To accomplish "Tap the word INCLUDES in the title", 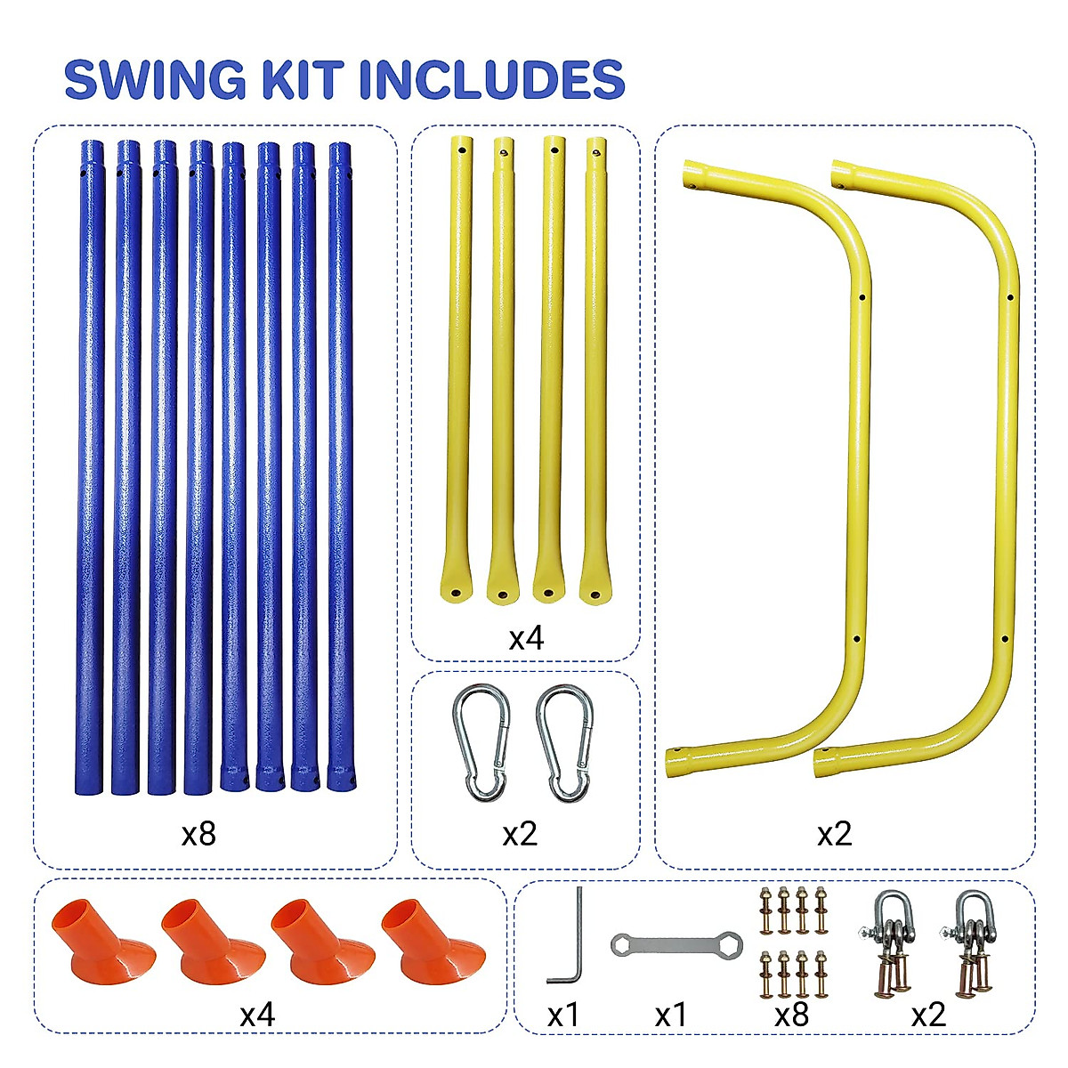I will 492,80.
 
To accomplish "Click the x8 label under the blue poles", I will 198,834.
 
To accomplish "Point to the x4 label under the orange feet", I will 257,1015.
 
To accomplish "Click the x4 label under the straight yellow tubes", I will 525,638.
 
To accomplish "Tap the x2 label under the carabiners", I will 520,834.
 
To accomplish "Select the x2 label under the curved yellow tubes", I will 834,834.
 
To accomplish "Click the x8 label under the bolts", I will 791,1015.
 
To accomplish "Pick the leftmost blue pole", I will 90,463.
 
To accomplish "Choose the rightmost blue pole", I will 339,463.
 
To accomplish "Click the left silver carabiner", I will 481,743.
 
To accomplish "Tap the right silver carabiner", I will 564,743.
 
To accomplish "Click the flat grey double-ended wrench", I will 676,944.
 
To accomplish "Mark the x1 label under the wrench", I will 671,1015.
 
